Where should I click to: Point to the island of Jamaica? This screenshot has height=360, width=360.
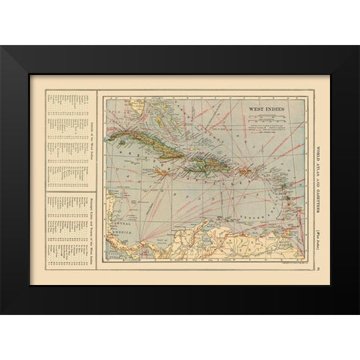(161, 172)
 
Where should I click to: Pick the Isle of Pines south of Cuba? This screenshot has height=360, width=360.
(124, 152)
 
